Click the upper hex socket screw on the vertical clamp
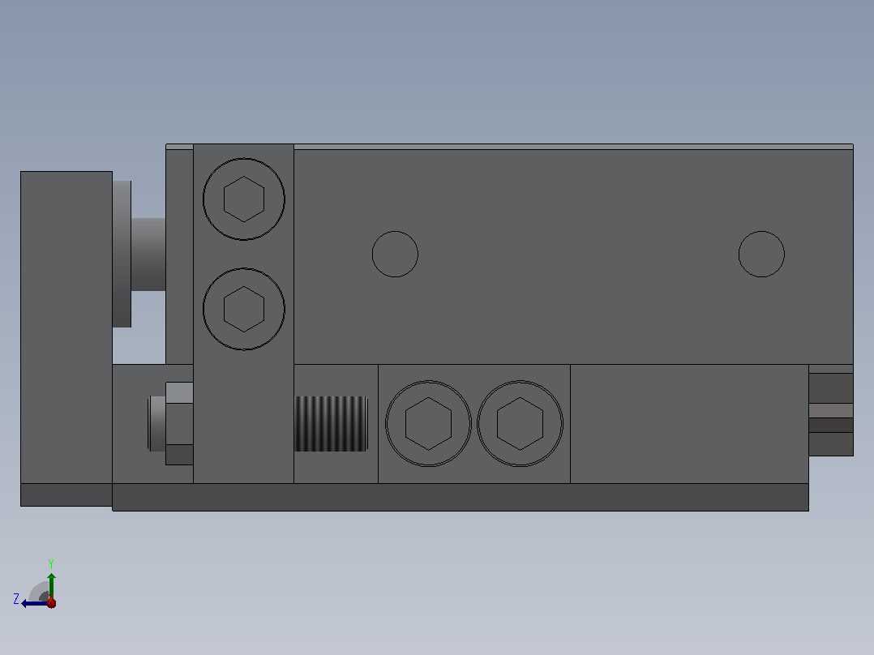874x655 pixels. click(243, 199)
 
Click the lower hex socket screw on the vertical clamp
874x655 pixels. click(243, 309)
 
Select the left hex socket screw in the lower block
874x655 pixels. click(428, 424)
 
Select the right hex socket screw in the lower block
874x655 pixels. click(520, 424)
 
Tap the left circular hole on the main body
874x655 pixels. click(395, 255)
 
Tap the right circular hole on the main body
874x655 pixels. click(761, 255)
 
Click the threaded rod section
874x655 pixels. click(331, 424)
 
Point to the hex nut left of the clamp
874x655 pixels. click(179, 424)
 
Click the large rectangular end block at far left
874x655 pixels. click(66, 327)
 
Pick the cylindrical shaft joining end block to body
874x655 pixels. click(148, 255)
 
